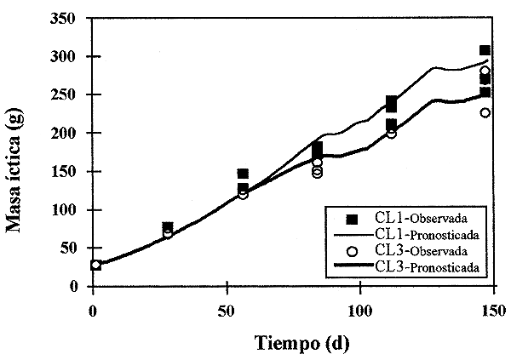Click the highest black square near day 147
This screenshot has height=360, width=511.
[x=485, y=51]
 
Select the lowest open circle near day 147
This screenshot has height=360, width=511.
[x=485, y=112]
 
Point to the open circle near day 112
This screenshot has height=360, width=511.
[x=392, y=133]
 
